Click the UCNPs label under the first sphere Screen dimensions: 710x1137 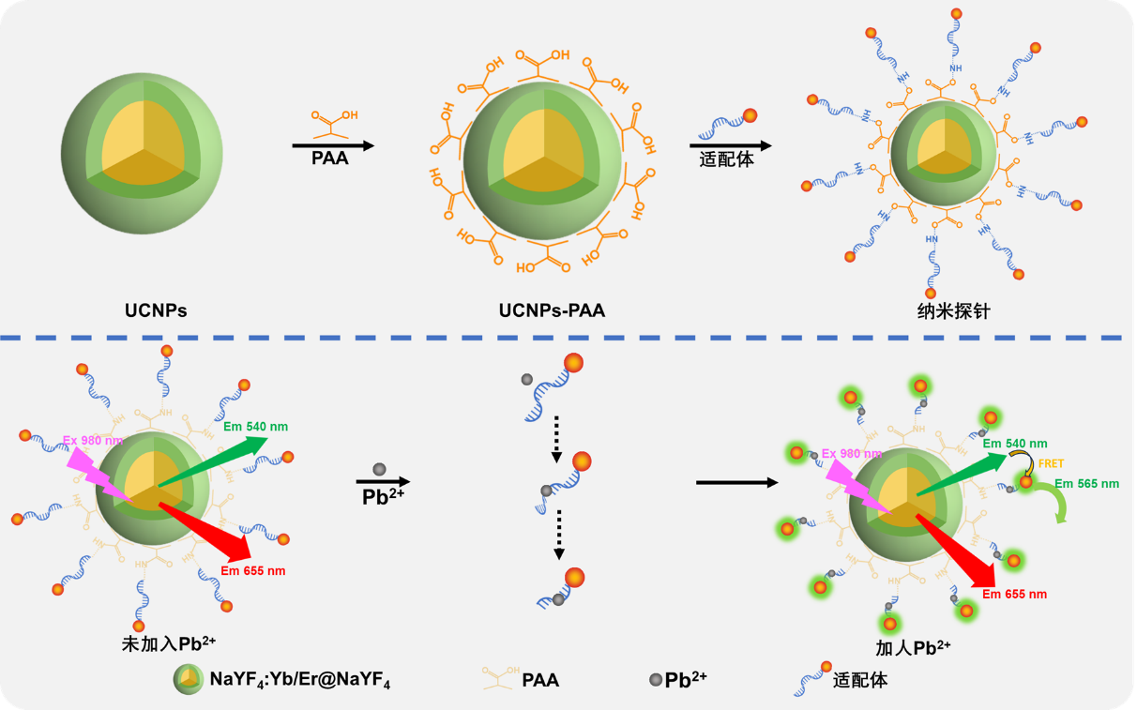pyautogui.click(x=156, y=310)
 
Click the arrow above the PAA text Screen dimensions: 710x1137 pyautogui.click(x=333, y=145)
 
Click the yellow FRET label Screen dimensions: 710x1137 pyautogui.click(x=1051, y=463)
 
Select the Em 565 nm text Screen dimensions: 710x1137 pyautogui.click(x=1086, y=484)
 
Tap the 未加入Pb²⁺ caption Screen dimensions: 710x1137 pyautogui.click(x=169, y=644)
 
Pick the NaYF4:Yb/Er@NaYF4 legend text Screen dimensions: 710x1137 pyautogui.click(x=300, y=680)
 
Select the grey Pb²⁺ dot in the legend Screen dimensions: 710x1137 pyautogui.click(x=654, y=679)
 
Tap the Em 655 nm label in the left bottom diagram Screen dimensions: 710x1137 pyautogui.click(x=253, y=570)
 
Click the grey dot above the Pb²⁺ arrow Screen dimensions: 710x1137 pyautogui.click(x=379, y=468)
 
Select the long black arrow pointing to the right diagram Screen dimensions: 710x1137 pyautogui.click(x=737, y=483)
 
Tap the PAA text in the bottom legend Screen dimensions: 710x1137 pyautogui.click(x=540, y=680)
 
